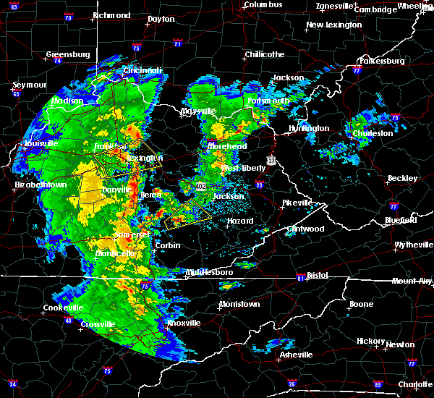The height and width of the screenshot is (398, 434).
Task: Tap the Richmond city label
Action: (x=111, y=15)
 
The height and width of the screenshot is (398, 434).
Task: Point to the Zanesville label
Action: (x=335, y=7)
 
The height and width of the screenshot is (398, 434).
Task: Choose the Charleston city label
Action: (x=373, y=133)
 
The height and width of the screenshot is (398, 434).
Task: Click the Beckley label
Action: (x=403, y=178)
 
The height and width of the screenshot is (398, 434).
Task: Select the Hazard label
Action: (x=240, y=221)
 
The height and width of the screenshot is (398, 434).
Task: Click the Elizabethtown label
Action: (x=41, y=185)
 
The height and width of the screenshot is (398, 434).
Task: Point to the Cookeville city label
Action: (x=64, y=308)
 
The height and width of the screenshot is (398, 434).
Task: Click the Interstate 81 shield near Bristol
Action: (x=300, y=278)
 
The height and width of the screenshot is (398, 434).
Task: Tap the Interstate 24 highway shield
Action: (x=13, y=384)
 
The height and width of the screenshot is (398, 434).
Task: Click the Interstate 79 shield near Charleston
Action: (x=395, y=117)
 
